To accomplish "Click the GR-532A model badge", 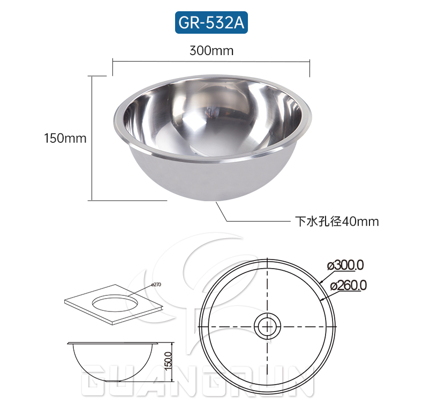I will coord(211,23).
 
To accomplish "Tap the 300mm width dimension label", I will coord(211,51).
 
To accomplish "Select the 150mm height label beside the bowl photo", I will coord(65,138).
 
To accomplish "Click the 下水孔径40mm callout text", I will coord(337,221).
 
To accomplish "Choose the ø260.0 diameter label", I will coord(349,285).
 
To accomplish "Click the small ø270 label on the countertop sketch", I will coord(156,285).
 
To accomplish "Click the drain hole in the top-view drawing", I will coord(267,326).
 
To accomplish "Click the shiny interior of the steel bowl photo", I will coord(211,115).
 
